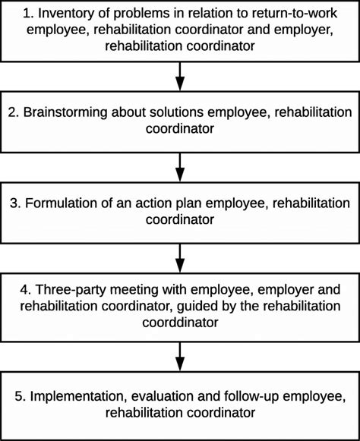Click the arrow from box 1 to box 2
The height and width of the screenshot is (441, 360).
[x=180, y=74]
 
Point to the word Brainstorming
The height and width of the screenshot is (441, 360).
[x=71, y=112]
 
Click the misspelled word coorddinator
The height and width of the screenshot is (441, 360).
[x=180, y=321]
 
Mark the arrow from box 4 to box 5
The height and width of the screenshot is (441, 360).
[x=180, y=354]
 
